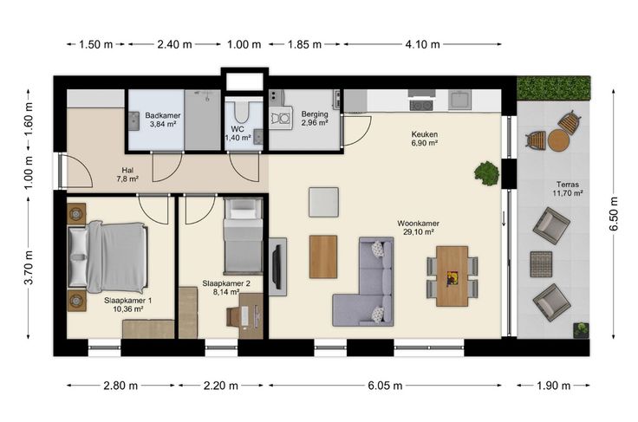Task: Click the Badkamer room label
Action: click(163, 115)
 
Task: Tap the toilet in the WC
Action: click(244, 112)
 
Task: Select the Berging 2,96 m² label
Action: click(315, 119)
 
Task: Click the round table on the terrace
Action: click(558, 140)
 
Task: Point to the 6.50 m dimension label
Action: click(614, 214)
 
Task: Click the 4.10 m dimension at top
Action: click(422, 44)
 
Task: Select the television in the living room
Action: click(277, 267)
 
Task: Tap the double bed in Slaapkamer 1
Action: click(107, 257)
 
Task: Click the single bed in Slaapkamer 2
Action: click(243, 236)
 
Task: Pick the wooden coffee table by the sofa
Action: click(323, 257)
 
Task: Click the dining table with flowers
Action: click(452, 276)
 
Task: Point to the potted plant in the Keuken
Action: click(486, 173)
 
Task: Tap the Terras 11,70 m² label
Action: click(568, 189)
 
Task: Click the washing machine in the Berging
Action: click(281, 118)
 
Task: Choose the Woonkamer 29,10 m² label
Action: click(418, 228)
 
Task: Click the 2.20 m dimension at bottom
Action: click(220, 386)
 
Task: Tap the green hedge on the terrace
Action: click(553, 88)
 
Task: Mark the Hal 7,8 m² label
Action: click(127, 174)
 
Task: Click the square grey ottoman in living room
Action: click(323, 202)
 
